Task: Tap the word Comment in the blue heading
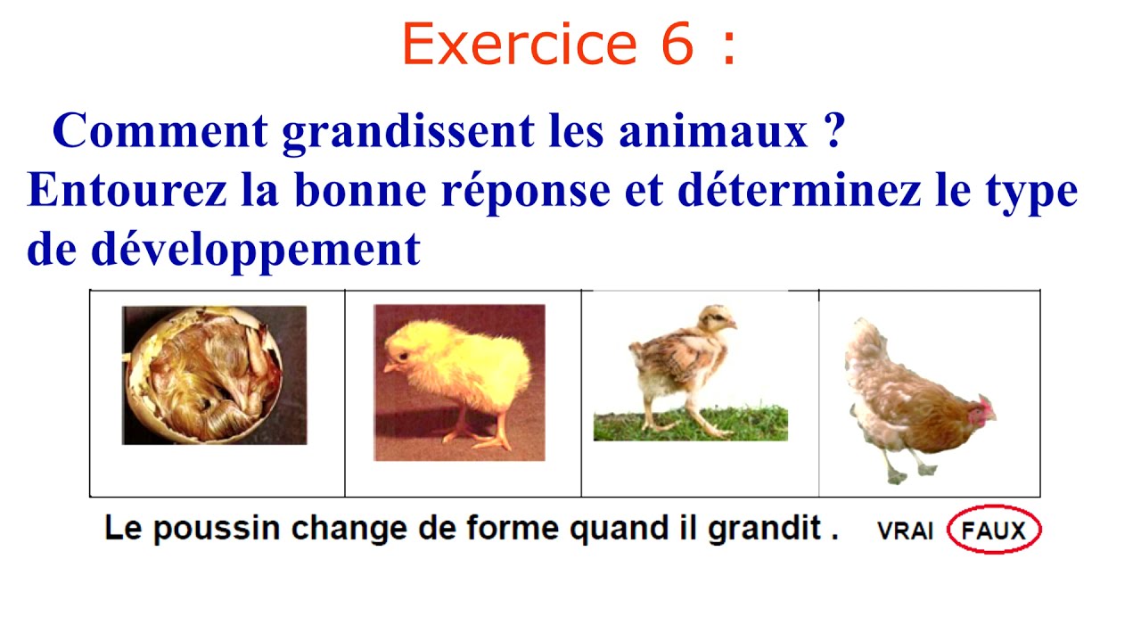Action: tap(160, 132)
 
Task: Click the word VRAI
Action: tap(905, 531)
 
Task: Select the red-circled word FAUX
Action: tap(994, 531)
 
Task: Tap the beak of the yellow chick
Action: tap(390, 366)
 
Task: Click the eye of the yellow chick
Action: tap(404, 355)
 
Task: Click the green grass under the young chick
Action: tap(690, 424)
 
